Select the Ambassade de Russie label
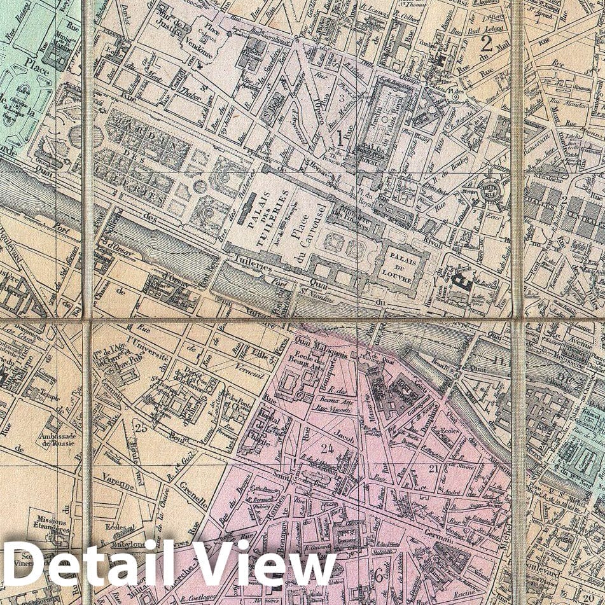click(57, 440)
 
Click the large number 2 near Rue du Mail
click(487, 44)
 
